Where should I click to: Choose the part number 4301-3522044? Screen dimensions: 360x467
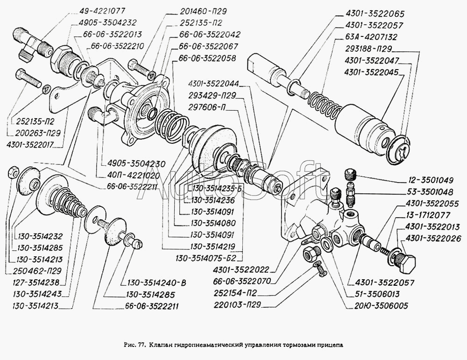click(x=213, y=85)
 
